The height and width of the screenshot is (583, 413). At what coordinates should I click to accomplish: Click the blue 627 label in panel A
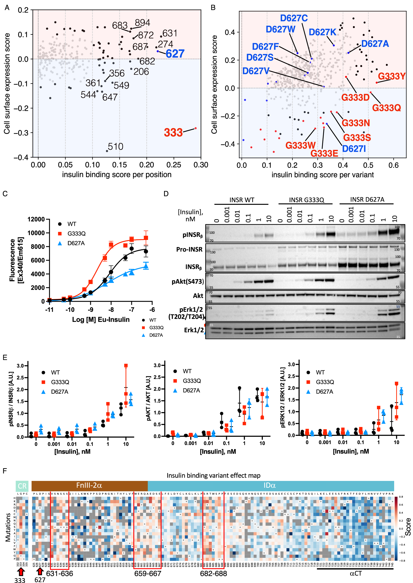coord(175,54)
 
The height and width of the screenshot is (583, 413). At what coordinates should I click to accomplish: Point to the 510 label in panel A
coord(115,147)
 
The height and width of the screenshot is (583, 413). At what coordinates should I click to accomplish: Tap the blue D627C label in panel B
coord(294,18)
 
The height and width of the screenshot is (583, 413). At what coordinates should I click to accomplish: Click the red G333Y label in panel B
coord(391,76)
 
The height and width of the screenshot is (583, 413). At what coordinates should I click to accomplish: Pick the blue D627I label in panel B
coord(353,149)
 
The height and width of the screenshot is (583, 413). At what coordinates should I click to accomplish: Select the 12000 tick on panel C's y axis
coord(36,219)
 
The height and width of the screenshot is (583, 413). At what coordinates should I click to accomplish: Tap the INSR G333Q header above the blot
coord(306,200)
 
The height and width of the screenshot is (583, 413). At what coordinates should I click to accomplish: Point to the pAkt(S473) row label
coord(188,281)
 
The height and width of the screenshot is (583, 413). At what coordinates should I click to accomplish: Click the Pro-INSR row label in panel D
coord(189,249)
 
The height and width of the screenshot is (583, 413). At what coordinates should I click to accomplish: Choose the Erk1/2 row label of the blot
coord(194,330)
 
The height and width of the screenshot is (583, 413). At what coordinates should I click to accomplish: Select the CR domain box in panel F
coord(22,486)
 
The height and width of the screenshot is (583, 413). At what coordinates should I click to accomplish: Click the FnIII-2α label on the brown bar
coord(89,485)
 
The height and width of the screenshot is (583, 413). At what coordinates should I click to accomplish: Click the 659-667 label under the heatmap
coord(147,574)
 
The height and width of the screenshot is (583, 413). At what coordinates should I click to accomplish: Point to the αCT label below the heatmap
coord(355,573)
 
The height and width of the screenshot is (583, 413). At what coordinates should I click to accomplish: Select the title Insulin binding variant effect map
coord(213,475)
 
